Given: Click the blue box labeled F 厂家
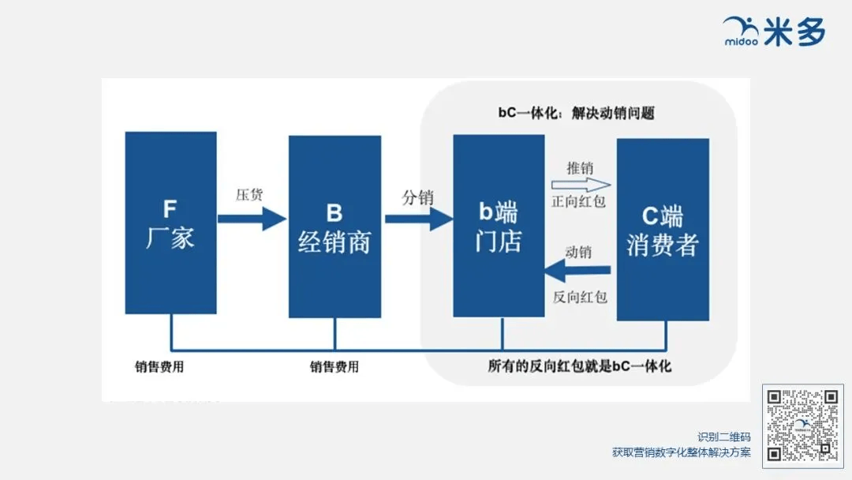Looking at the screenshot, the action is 170,223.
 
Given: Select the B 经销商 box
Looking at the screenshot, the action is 334,227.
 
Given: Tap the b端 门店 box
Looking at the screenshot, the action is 499,226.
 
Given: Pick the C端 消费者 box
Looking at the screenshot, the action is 663,230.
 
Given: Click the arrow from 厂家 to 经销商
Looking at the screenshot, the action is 252,219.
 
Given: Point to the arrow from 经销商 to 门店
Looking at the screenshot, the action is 419,219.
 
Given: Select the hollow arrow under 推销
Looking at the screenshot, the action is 581,185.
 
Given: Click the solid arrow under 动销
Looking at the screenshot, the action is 577,270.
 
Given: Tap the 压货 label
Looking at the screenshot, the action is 249,195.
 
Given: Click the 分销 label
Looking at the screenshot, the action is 418,197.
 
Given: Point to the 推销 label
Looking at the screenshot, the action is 581,168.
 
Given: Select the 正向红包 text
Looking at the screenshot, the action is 579,201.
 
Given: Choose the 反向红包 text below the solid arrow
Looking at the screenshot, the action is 580,297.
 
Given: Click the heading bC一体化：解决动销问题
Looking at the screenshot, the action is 577,113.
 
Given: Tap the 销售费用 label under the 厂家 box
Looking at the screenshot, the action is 159,367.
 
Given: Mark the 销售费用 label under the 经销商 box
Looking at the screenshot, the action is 334,367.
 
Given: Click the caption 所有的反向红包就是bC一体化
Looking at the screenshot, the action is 579,366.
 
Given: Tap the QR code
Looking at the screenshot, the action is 802,426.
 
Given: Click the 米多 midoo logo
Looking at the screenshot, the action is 774,31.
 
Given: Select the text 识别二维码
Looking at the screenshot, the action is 724,437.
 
